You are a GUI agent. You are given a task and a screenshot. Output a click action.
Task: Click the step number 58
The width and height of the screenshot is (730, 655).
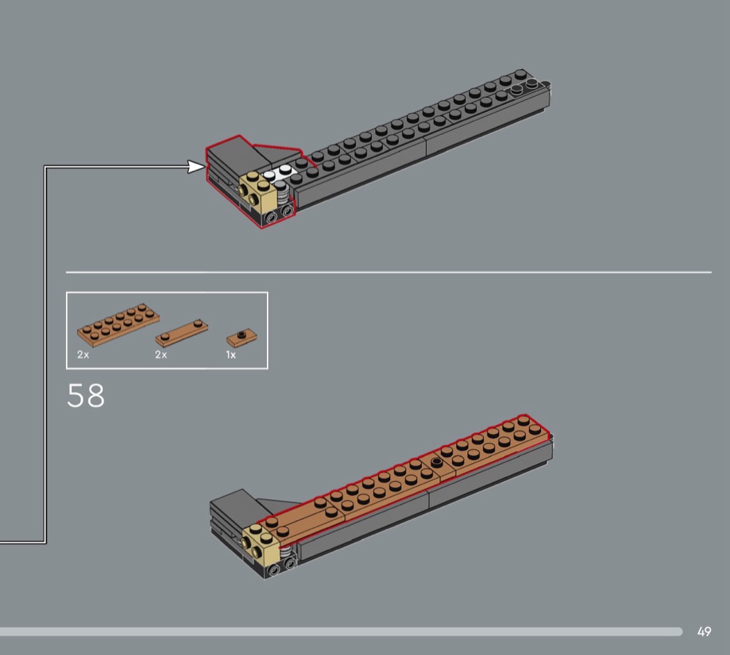(86, 396)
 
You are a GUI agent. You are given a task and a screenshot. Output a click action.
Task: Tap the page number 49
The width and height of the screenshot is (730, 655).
(704, 631)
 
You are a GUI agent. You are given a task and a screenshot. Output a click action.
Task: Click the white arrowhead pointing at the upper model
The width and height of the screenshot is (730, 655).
(196, 166)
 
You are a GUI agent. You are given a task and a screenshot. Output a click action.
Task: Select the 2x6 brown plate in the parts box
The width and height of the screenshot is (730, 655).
(118, 325)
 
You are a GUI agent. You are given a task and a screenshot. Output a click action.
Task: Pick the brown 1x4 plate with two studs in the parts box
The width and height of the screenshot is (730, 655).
(181, 333)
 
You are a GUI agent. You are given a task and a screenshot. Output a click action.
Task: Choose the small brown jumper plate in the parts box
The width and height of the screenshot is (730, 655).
(242, 337)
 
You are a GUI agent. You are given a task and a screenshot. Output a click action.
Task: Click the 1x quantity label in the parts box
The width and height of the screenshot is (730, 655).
(231, 355)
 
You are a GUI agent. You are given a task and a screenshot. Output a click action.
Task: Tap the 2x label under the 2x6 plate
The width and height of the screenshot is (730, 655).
(83, 355)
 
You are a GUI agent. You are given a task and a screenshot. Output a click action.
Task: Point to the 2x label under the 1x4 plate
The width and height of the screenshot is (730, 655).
(161, 355)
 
